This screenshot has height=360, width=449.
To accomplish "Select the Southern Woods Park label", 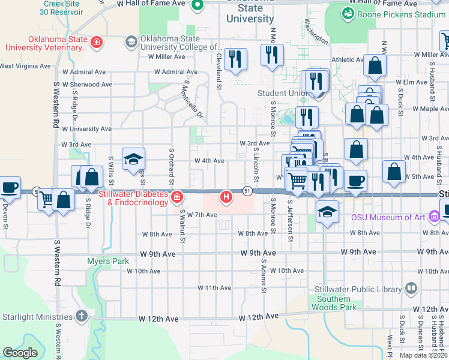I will [x=334, y=303].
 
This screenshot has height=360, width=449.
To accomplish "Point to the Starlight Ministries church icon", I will [x=82, y=316].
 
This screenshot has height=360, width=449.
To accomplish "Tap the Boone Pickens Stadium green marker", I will [x=348, y=13].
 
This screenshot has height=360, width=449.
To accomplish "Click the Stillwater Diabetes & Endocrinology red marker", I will [x=177, y=197].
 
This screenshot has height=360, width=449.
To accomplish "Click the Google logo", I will [x=20, y=353].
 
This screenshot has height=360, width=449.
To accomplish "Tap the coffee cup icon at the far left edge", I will [x=10, y=187].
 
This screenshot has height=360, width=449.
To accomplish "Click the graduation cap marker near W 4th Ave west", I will [x=134, y=159].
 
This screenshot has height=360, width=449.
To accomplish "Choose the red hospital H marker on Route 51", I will [x=226, y=196].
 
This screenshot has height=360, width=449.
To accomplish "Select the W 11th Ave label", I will [x=214, y=288].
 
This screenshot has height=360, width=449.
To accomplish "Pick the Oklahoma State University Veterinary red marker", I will [x=95, y=42].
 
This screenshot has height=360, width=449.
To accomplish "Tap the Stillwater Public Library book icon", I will [x=411, y=289].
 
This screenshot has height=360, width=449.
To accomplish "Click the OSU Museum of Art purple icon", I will [x=435, y=216].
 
